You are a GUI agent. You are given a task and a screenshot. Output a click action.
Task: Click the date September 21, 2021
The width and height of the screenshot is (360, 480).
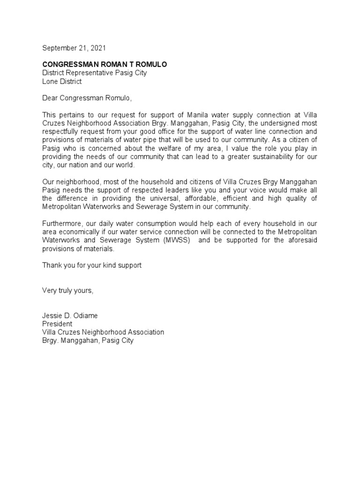74,48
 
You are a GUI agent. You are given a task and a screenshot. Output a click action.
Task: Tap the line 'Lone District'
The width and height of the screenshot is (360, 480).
62,81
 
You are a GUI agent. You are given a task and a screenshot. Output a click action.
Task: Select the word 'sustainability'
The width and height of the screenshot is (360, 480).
270,157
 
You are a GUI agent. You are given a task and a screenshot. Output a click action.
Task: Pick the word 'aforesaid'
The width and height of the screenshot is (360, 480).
303,241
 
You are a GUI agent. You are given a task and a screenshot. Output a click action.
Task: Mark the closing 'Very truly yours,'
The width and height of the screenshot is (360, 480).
68,290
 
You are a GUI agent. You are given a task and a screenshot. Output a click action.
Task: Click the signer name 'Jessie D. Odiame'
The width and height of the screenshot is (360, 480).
70,315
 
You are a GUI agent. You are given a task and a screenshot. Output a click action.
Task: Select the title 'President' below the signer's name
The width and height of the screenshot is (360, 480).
57,323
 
